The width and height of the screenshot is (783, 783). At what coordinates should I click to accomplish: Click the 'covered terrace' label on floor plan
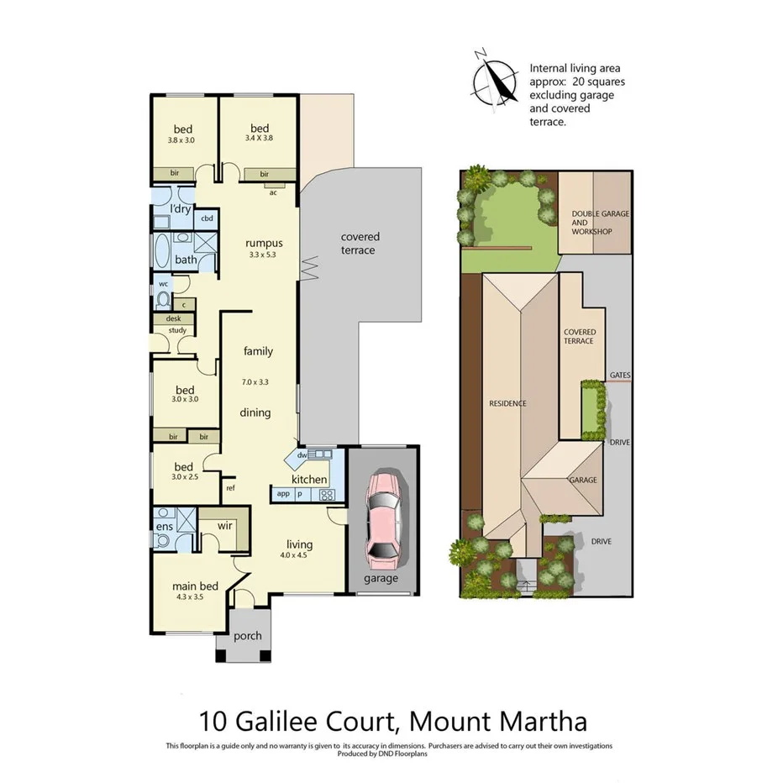click(360, 244)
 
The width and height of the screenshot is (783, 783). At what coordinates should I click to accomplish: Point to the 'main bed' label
click(195, 586)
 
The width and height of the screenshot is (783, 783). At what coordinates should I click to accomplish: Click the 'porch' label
click(247, 635)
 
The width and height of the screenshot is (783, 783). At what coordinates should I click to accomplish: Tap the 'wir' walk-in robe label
click(224, 525)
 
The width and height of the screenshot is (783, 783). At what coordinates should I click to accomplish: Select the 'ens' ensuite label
click(164, 527)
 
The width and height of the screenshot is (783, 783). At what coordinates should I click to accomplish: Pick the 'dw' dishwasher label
click(302, 455)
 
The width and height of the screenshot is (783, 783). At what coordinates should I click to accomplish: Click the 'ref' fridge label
click(229, 486)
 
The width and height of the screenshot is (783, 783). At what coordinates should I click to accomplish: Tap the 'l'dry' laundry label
click(181, 208)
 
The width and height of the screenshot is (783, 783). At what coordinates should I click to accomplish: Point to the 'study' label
click(177, 330)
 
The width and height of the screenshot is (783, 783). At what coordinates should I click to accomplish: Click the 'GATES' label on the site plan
click(621, 376)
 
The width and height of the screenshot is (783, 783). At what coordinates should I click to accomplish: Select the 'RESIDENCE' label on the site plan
click(507, 403)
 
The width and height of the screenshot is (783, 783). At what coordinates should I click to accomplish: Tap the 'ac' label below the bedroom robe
click(273, 192)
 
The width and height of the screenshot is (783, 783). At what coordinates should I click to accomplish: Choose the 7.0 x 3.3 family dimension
click(256, 382)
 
